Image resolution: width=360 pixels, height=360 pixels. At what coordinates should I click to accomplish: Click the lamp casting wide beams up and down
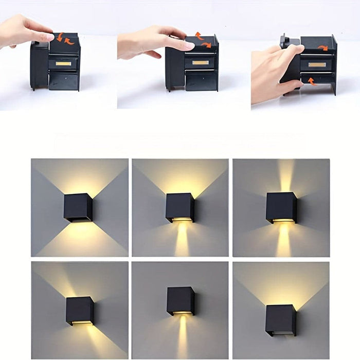pos(78,207)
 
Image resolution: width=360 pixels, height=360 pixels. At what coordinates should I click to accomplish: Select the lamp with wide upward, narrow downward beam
pos(180,207)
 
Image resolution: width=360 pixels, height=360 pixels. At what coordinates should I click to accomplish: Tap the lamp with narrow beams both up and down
pos(281,207)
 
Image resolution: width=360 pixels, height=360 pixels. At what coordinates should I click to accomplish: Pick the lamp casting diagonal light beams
pos(80,311)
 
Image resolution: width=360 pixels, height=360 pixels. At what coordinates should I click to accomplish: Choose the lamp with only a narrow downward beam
pos(181,301)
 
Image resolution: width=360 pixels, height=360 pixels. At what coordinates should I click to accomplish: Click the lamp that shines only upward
pos(281,320)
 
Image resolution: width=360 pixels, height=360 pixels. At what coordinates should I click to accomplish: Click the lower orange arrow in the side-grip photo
pos(312,81)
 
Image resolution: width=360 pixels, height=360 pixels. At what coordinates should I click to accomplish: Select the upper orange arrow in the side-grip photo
pos(322,48)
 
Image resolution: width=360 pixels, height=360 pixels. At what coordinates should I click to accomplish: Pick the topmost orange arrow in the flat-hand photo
pos(199,35)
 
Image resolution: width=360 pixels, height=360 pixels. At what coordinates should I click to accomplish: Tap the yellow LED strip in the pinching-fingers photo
pos(63,63)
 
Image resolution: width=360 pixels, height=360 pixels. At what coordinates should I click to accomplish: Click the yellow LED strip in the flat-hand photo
pos(200,63)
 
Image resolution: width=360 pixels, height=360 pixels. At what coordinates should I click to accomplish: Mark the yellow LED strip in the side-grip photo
pos(317,65)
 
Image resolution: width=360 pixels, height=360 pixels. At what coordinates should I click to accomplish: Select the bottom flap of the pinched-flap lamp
pos(63,81)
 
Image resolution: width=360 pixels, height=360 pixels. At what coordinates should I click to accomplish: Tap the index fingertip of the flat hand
pos(190,46)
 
